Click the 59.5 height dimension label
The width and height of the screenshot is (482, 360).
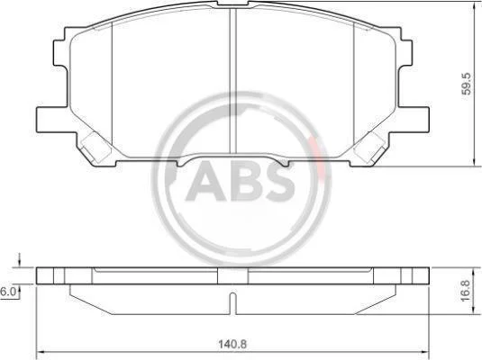467,83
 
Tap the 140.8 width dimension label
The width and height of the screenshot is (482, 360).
232,344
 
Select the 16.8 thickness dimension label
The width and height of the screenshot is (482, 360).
466,290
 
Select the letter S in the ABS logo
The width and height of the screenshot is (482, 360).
275,181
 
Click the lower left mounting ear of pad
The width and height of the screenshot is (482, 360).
52,120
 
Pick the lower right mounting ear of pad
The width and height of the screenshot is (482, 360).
414,120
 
